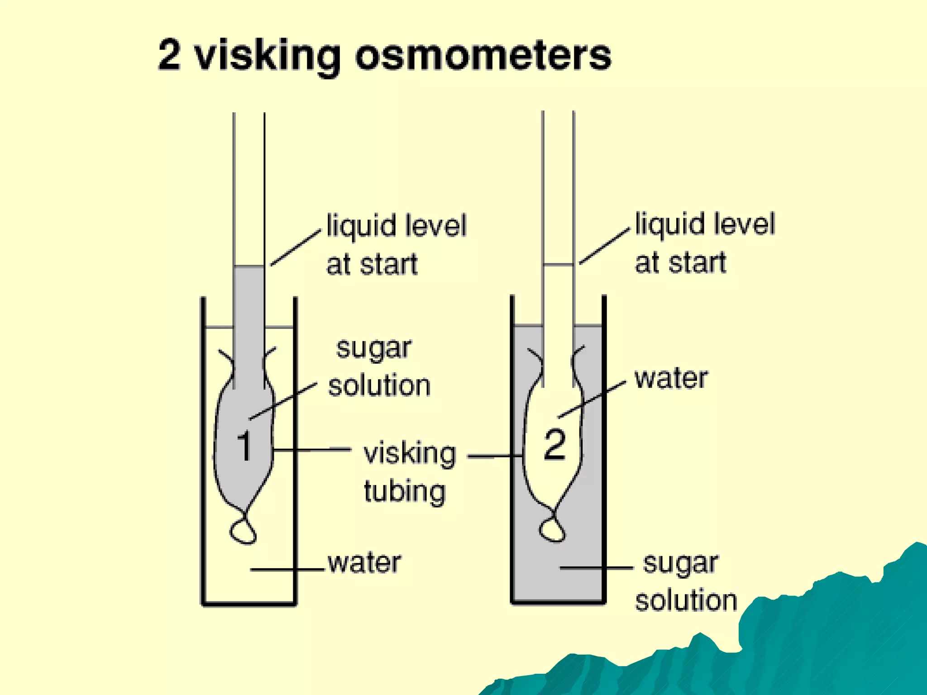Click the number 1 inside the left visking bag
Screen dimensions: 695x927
(244, 446)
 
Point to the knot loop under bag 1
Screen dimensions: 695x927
(243, 531)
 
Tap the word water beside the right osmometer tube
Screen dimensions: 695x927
(671, 379)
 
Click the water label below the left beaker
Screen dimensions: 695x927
(364, 563)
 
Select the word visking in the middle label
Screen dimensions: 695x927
(410, 453)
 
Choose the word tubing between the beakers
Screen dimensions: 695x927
(405, 492)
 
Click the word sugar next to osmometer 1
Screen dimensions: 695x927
(374, 349)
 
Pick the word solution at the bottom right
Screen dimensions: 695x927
(686, 600)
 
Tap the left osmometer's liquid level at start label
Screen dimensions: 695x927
(396, 244)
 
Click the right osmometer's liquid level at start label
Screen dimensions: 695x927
(704, 243)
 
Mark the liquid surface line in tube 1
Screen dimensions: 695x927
(249, 266)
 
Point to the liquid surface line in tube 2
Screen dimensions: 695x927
(558, 264)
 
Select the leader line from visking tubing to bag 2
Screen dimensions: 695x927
(495, 457)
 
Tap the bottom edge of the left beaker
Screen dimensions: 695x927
(249, 603)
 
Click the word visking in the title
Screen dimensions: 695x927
(267, 56)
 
